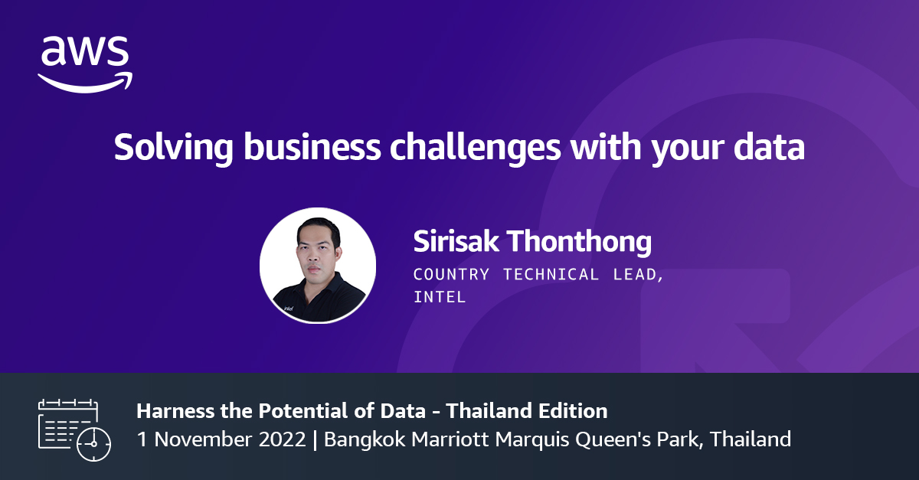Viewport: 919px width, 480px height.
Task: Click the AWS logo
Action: pos(85,64)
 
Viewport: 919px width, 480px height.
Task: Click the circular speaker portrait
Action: pos(318,265)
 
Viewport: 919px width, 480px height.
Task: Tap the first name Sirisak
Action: pos(456,242)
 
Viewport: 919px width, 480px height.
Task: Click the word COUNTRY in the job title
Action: pos(453,275)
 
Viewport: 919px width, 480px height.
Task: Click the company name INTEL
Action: pos(440,297)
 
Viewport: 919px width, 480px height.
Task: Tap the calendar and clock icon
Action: pos(74,429)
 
